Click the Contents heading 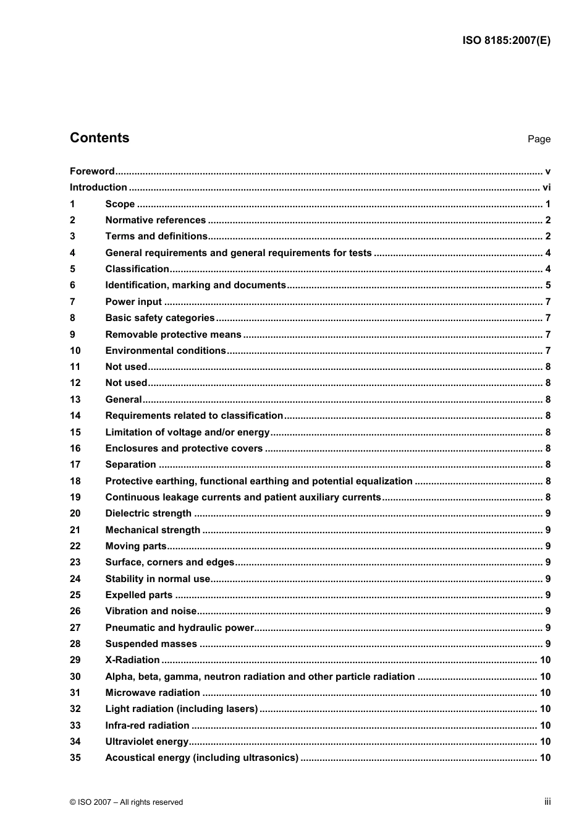point(99,138)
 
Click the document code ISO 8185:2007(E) point(506,41)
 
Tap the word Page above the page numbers point(539,139)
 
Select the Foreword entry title point(92,171)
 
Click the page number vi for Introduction point(546,187)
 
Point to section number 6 point(73,285)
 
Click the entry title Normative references point(155,220)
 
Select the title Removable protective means point(173,335)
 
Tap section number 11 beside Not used point(75,367)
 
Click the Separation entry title point(130,465)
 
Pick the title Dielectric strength point(148,513)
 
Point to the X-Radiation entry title point(132,660)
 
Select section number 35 point(75,758)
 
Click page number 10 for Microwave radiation point(545,693)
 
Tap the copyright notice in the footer point(126,802)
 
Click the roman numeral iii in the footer point(547,802)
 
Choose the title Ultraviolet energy point(146,742)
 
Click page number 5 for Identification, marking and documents point(548,285)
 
